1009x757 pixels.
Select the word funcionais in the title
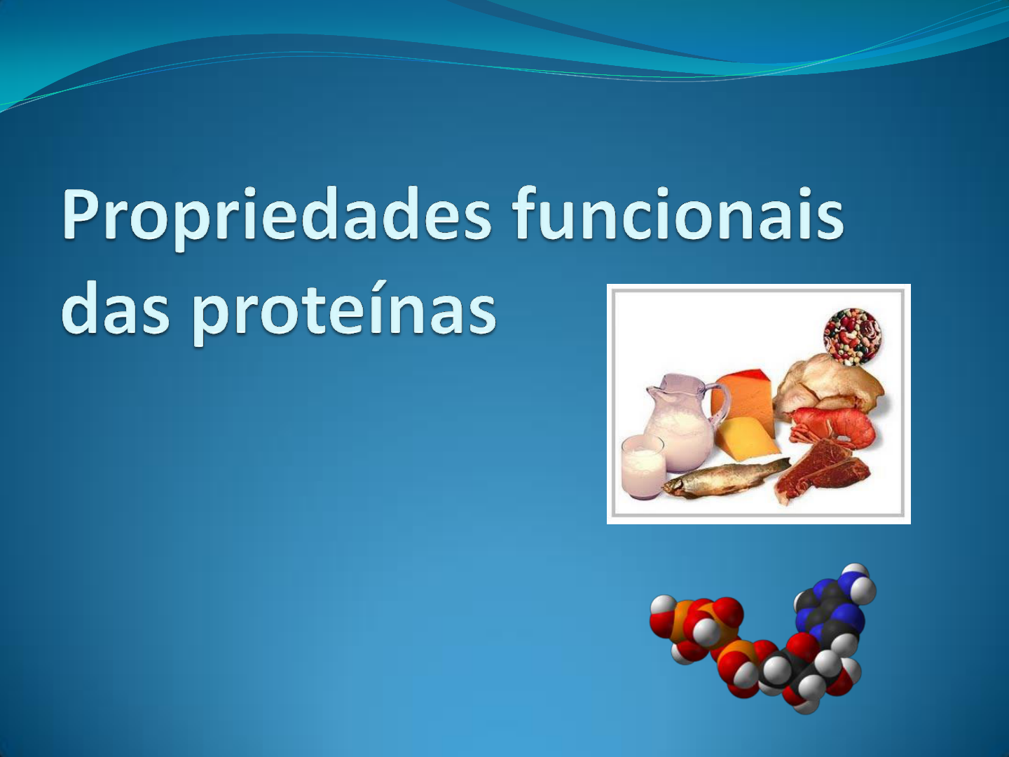tap(680, 212)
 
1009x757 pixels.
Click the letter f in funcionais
tap(530, 212)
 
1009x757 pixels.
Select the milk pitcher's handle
tap(720, 405)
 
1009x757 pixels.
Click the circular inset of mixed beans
tap(852, 337)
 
